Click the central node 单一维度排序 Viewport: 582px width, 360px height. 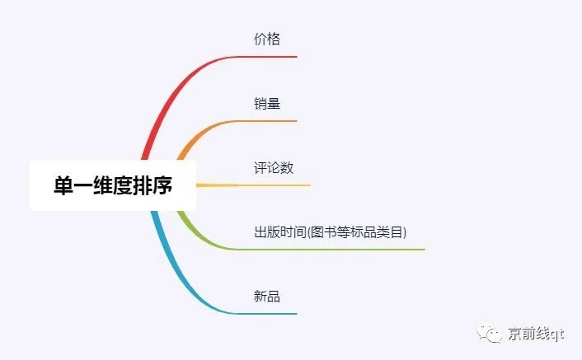pyautogui.click(x=113, y=186)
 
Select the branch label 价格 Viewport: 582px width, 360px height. pyautogui.click(x=267, y=39)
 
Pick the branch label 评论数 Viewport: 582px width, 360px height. pyautogui.click(x=274, y=168)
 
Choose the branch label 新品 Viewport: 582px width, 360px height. pyautogui.click(x=267, y=297)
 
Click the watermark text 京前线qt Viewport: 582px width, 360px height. pyautogui.click(x=537, y=334)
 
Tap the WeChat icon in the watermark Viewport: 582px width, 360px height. pyautogui.click(x=493, y=334)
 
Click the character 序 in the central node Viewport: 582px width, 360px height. pyautogui.click(x=162, y=186)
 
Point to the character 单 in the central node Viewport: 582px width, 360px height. pyautogui.click(x=63, y=186)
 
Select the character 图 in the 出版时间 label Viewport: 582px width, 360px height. pyautogui.click(x=314, y=232)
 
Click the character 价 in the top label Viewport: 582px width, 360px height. pyautogui.click(x=260, y=39)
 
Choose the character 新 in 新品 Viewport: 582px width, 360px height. pyautogui.click(x=260, y=297)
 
